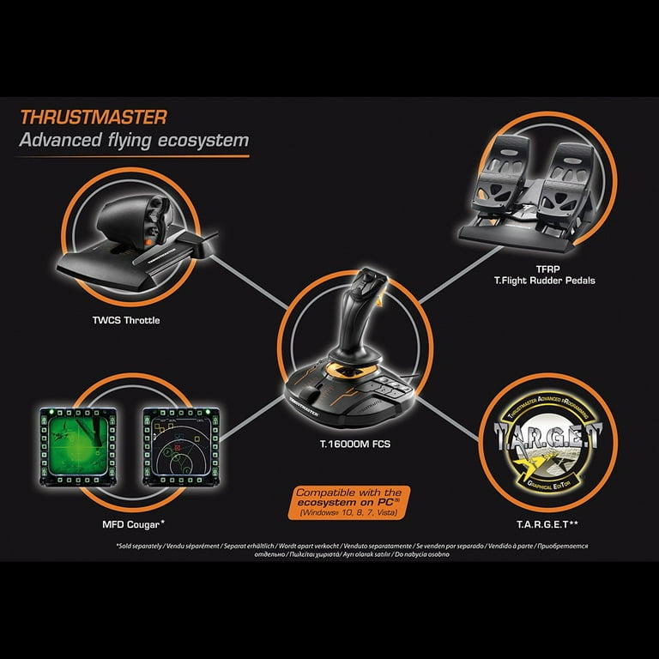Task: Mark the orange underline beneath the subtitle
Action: pos(134,156)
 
